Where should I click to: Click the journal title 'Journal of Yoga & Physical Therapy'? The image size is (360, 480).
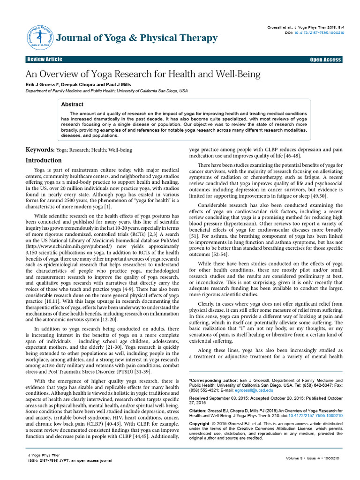136,38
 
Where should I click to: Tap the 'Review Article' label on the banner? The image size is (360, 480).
45,60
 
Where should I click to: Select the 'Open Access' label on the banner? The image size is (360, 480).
325,60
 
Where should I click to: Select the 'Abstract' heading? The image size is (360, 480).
72,105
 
